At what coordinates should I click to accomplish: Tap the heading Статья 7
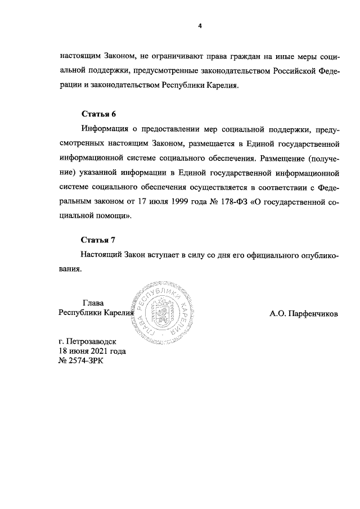98,240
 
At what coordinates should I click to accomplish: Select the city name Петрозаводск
90,341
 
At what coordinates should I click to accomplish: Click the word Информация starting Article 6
106,129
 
